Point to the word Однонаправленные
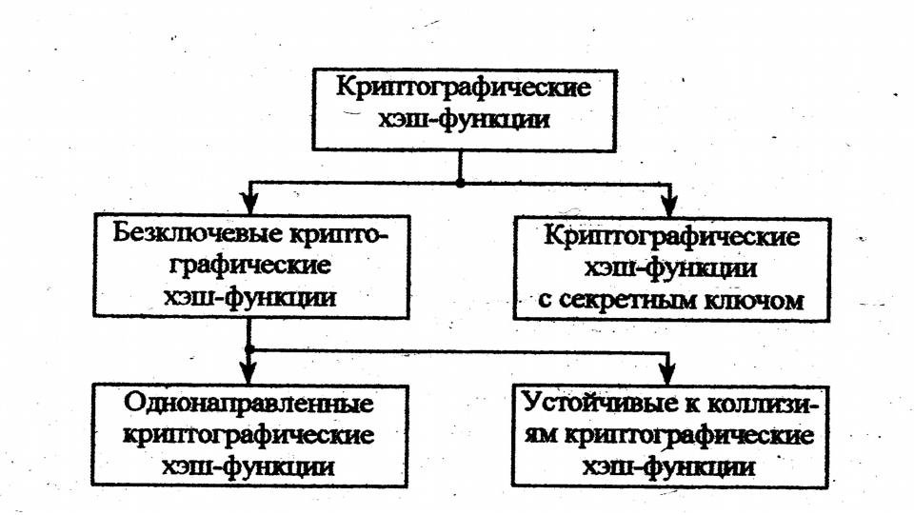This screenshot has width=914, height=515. tap(248, 403)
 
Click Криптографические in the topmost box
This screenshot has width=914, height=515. tap(463, 90)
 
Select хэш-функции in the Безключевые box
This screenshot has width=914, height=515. tap(248, 297)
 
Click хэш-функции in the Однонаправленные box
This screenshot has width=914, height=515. tap(248, 467)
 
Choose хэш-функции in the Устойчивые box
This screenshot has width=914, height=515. tap(671, 467)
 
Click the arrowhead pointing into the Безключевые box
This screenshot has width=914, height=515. tap(248, 203)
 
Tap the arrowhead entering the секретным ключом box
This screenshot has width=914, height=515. tap(669, 203)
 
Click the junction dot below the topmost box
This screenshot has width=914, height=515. tap(461, 181)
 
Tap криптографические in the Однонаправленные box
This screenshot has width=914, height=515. tap(248, 435)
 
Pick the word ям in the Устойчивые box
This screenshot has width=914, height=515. tap(543, 436)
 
